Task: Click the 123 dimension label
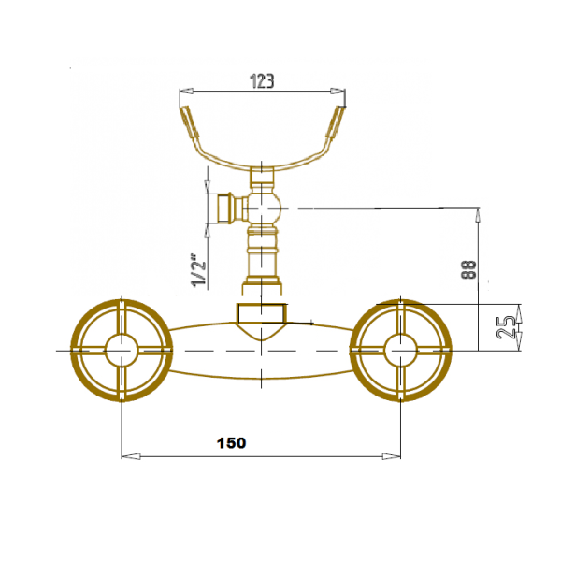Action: click(x=262, y=81)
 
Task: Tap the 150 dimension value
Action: click(x=231, y=443)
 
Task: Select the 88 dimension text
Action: click(x=469, y=270)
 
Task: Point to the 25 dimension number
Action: click(x=506, y=327)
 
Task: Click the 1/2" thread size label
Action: click(x=198, y=270)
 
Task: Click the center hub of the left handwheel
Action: click(x=122, y=351)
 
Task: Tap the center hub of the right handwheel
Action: click(x=401, y=351)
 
